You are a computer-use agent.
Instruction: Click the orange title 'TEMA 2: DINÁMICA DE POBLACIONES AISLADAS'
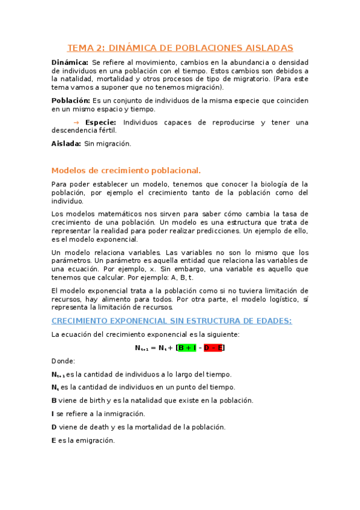(x=180, y=48)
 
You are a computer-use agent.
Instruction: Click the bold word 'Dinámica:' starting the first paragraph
(x=70, y=62)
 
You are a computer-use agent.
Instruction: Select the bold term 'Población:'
(x=71, y=100)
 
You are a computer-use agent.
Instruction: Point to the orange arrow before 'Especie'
(x=76, y=122)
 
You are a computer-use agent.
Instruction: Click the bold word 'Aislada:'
(x=66, y=144)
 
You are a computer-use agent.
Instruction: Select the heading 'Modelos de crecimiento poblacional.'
(x=126, y=170)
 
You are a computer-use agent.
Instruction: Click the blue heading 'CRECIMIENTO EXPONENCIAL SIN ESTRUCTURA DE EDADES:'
(x=171, y=321)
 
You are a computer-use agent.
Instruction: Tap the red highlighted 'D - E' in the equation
(x=213, y=348)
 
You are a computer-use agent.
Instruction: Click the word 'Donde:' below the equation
(x=63, y=361)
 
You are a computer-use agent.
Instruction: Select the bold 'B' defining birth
(x=54, y=401)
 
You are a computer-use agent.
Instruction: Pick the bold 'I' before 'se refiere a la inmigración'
(x=53, y=414)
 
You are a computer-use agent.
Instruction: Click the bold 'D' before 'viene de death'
(x=54, y=427)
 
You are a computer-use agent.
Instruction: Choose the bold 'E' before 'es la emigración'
(x=53, y=440)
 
